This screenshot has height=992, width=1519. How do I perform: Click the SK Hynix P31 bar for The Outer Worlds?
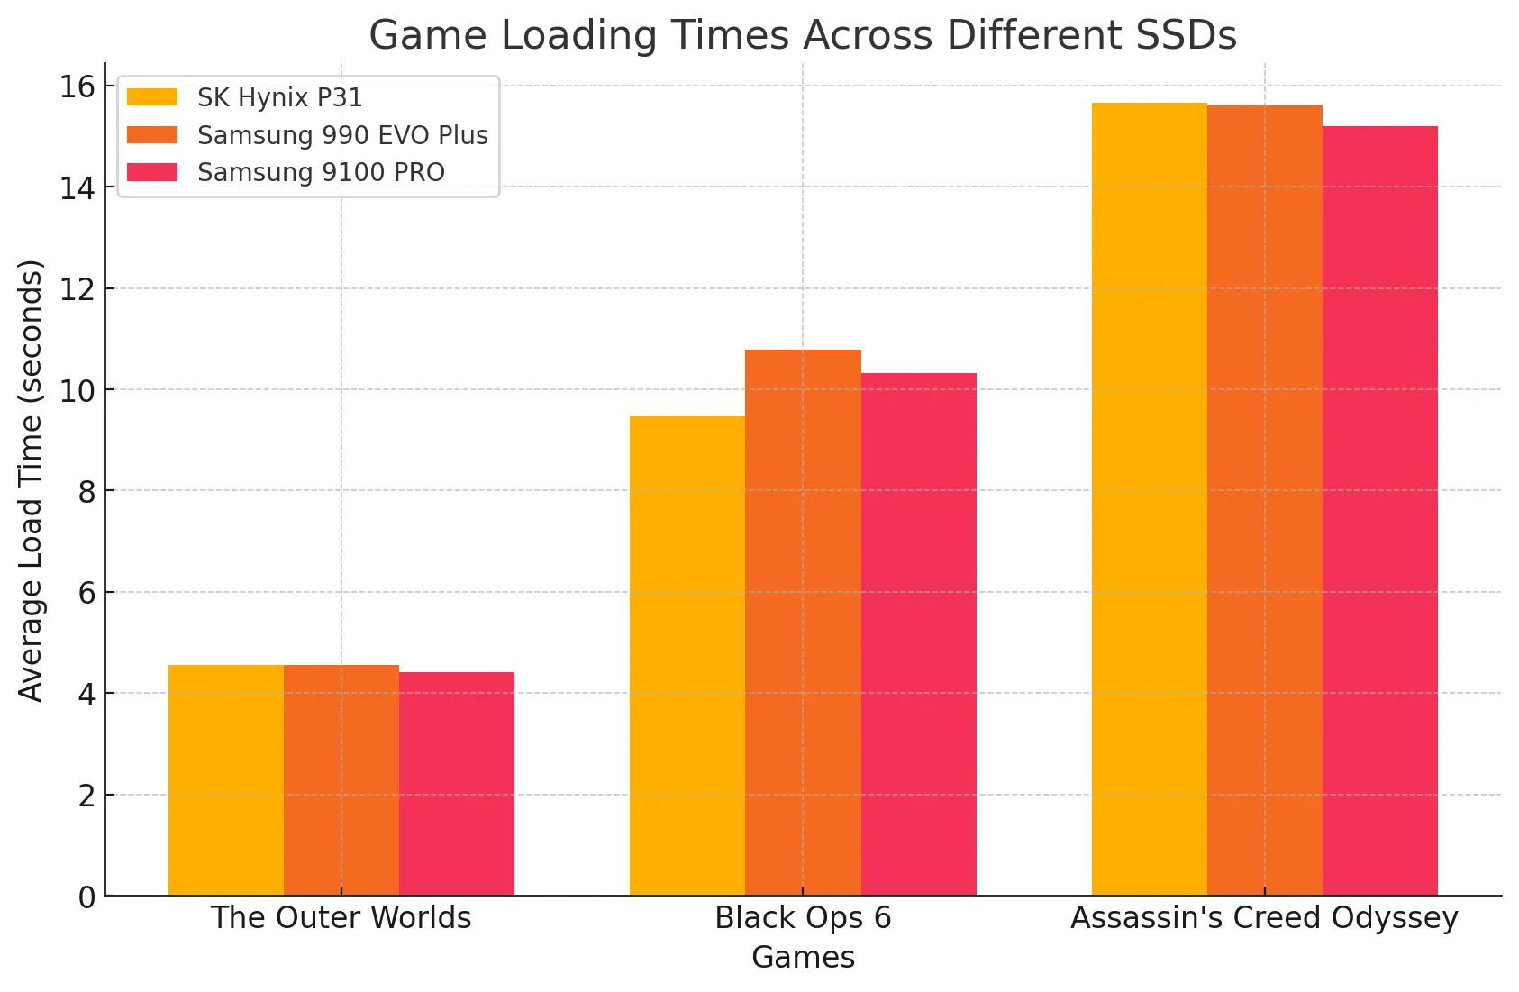coord(225,780)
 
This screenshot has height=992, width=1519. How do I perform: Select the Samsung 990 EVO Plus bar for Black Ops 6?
coord(803,622)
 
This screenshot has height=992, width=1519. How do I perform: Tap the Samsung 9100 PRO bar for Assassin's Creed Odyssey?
coord(1379,510)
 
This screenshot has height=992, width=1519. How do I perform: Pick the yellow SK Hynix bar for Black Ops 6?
coord(687,656)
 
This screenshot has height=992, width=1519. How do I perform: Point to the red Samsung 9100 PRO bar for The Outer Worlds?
coord(456,784)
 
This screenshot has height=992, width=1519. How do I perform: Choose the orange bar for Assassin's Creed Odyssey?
coord(1264,500)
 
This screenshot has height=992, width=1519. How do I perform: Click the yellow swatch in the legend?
coord(151,97)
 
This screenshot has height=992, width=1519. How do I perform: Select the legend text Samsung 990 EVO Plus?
coord(342,135)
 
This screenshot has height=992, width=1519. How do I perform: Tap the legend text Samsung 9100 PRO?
coord(321,172)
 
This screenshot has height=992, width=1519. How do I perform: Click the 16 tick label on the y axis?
coord(77,86)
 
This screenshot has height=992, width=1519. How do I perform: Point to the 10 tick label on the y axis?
coord(77,390)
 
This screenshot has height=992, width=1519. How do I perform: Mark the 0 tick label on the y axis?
coord(86,897)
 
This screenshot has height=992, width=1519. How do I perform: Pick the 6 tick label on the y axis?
coord(86,593)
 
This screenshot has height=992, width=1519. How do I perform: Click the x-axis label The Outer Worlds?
coord(341,917)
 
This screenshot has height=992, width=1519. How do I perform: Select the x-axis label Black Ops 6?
coord(803,917)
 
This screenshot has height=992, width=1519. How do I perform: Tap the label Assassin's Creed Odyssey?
coord(1264,917)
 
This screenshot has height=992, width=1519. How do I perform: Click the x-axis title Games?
coord(803,957)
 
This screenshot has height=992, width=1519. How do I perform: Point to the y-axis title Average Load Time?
coord(31,480)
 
